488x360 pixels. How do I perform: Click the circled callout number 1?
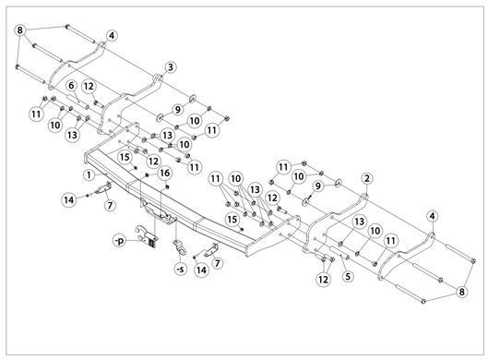click(x=89, y=175)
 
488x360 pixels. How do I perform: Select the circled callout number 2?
click(x=367, y=179)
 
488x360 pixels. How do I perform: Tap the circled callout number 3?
click(x=171, y=67)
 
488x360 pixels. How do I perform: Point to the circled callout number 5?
click(x=348, y=276)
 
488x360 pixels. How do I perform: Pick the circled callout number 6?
click(x=72, y=86)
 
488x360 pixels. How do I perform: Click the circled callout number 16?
click(x=165, y=173)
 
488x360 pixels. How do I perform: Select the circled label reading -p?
click(x=119, y=241)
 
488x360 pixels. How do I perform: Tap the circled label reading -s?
click(x=180, y=269)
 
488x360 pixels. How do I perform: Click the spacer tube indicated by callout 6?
click(x=77, y=102)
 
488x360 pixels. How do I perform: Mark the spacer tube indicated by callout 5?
click(x=339, y=252)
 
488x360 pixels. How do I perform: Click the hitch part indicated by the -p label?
click(x=148, y=236)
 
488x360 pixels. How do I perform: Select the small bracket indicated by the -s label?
click(x=180, y=246)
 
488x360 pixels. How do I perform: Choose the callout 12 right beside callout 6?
click(x=89, y=86)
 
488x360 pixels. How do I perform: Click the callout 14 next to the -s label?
click(x=202, y=270)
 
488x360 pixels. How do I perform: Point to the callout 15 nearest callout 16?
click(x=125, y=157)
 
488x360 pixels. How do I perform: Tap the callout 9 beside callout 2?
click(x=317, y=186)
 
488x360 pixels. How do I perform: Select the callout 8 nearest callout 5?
click(x=461, y=292)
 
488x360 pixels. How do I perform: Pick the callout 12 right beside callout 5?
click(x=323, y=280)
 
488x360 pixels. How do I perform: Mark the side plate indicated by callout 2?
click(x=335, y=222)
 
